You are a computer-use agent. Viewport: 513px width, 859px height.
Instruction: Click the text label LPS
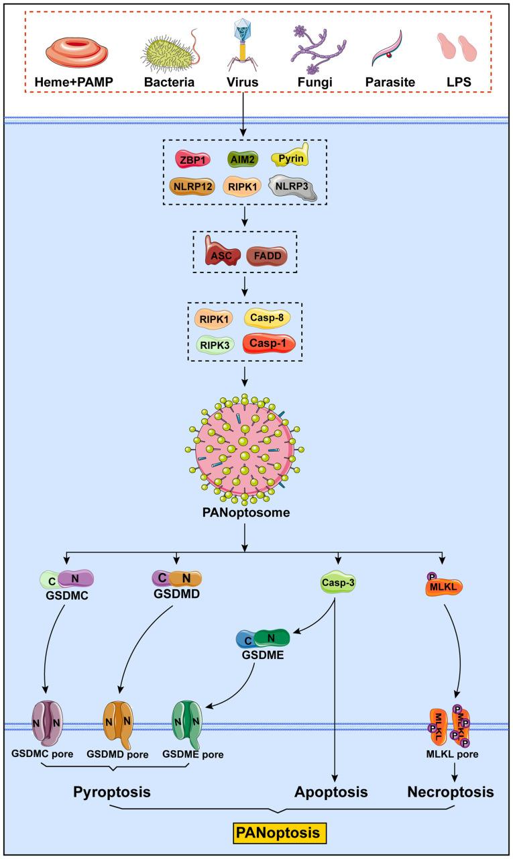[x=456, y=83]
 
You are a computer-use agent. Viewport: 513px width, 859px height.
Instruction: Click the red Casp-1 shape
[x=269, y=343]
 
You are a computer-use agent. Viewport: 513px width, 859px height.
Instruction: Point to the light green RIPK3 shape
[x=213, y=344]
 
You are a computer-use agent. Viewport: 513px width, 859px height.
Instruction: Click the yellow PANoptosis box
[x=277, y=832]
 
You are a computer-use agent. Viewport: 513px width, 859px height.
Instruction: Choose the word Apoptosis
[x=332, y=793]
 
